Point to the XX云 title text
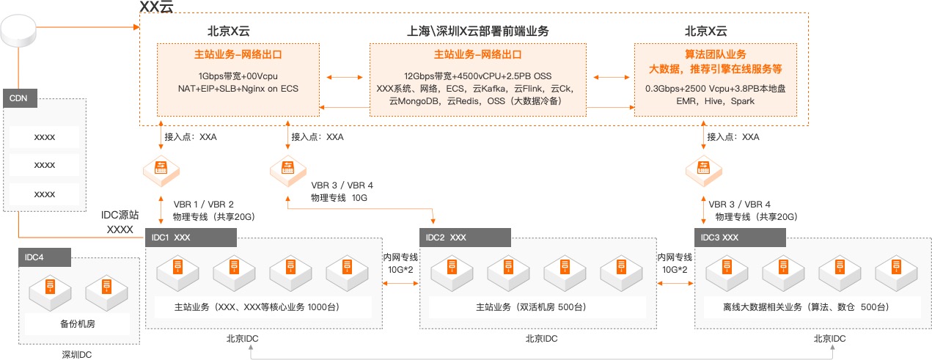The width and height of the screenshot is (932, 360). click(157, 7)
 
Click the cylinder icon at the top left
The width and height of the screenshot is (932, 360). click(18, 29)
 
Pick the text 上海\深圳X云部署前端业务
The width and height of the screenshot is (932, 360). click(477, 32)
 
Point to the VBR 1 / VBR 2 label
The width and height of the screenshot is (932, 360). click(203, 204)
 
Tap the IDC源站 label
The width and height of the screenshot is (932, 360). click(120, 216)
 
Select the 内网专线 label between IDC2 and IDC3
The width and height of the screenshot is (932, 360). click(675, 257)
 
